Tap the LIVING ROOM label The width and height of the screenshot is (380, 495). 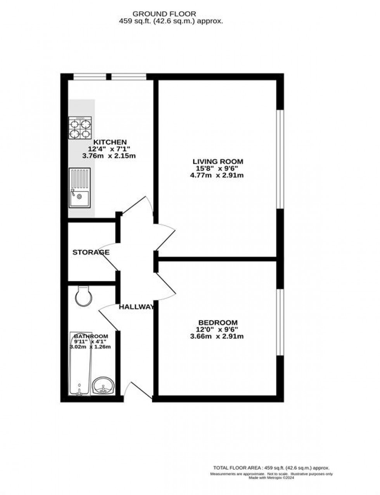(218, 161)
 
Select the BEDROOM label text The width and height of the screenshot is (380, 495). (218, 323)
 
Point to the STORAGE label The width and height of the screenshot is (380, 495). (91, 252)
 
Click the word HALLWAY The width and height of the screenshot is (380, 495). (136, 307)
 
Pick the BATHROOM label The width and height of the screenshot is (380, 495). (91, 336)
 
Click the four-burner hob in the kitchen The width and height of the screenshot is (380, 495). (80, 128)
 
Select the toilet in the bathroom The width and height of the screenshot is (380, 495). (84, 296)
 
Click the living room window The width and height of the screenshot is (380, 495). (280, 160)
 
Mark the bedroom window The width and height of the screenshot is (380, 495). (280, 322)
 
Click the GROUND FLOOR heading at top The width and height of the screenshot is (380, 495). (171, 14)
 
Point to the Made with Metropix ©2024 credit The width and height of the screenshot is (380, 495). (271, 478)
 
